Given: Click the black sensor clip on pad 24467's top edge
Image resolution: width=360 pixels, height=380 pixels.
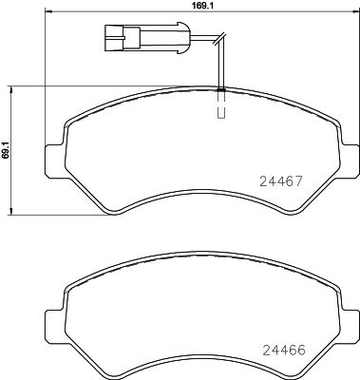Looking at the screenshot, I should (220, 89).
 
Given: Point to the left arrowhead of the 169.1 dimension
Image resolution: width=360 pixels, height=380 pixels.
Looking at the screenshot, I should (48, 18).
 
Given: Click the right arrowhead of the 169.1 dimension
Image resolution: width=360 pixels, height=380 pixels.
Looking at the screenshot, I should (349, 18).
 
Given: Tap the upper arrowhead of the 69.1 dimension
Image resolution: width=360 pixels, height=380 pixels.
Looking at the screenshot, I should (11, 88).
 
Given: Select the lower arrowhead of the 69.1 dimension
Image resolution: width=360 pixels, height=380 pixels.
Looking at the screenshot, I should (11, 210).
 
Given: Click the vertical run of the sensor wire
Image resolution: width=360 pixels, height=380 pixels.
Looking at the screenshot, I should (220, 66).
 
